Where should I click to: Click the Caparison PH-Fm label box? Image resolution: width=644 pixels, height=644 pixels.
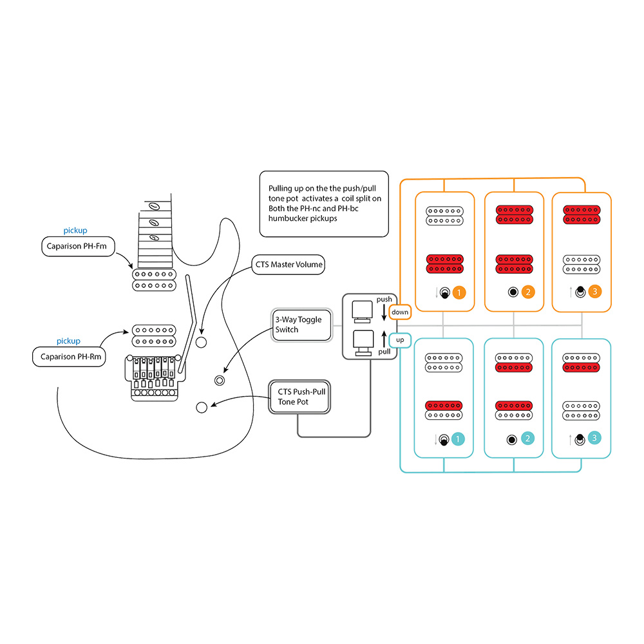77,246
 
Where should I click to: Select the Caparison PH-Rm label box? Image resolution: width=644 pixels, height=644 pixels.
68,356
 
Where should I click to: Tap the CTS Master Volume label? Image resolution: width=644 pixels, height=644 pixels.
288,265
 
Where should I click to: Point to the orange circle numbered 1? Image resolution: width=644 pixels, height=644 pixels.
459,292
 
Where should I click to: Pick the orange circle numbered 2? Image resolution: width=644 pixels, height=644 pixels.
528,292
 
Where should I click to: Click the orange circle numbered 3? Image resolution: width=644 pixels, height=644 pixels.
595,292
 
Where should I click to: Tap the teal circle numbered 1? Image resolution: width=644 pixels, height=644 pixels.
459,439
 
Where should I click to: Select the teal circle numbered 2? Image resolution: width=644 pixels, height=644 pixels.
527,439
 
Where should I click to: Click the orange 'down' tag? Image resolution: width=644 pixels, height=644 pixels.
400,312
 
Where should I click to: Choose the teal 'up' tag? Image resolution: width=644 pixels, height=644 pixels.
400,339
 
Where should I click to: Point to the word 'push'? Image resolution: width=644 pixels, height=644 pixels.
384,299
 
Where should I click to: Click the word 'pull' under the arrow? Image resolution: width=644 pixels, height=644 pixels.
384,352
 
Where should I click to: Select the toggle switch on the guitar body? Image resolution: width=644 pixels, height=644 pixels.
220,380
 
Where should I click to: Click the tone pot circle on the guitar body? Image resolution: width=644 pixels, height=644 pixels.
201,406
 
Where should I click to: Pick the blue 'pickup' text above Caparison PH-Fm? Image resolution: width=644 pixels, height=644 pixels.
75,231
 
